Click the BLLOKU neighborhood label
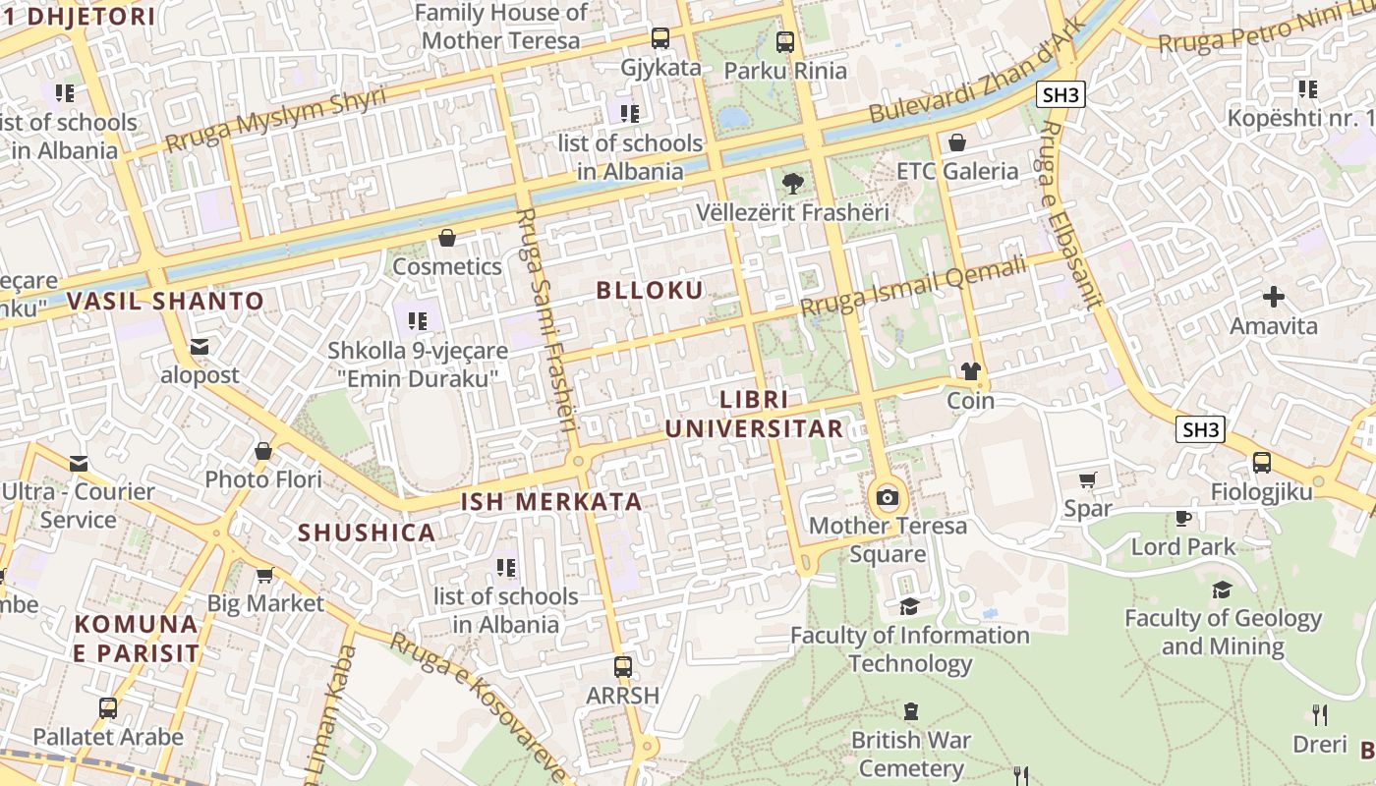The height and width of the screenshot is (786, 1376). (x=650, y=290)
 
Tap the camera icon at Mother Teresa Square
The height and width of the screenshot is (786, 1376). (x=888, y=497)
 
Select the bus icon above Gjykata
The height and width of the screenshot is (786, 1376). (x=660, y=39)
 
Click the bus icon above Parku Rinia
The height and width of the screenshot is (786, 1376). (x=784, y=42)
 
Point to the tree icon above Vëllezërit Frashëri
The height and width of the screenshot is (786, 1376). (x=792, y=183)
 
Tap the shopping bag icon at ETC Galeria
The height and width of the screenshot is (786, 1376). (x=957, y=142)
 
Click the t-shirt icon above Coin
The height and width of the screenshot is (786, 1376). (x=971, y=371)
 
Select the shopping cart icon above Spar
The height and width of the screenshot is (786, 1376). (x=1087, y=479)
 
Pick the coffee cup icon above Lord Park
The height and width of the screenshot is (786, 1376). (x=1183, y=518)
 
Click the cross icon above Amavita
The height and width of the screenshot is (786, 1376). (x=1274, y=297)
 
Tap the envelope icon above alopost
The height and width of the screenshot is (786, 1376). (x=200, y=347)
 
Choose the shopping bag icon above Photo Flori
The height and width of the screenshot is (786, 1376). (x=262, y=451)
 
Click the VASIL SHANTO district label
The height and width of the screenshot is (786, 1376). (x=166, y=302)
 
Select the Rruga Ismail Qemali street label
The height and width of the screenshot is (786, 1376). (x=913, y=286)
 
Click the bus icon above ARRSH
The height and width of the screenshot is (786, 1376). (x=622, y=666)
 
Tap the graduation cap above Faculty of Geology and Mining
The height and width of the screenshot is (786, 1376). (x=1222, y=589)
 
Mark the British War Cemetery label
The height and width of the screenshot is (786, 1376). (x=911, y=754)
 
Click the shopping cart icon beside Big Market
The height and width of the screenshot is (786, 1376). (x=264, y=575)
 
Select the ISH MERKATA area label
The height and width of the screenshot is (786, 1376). (x=551, y=502)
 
